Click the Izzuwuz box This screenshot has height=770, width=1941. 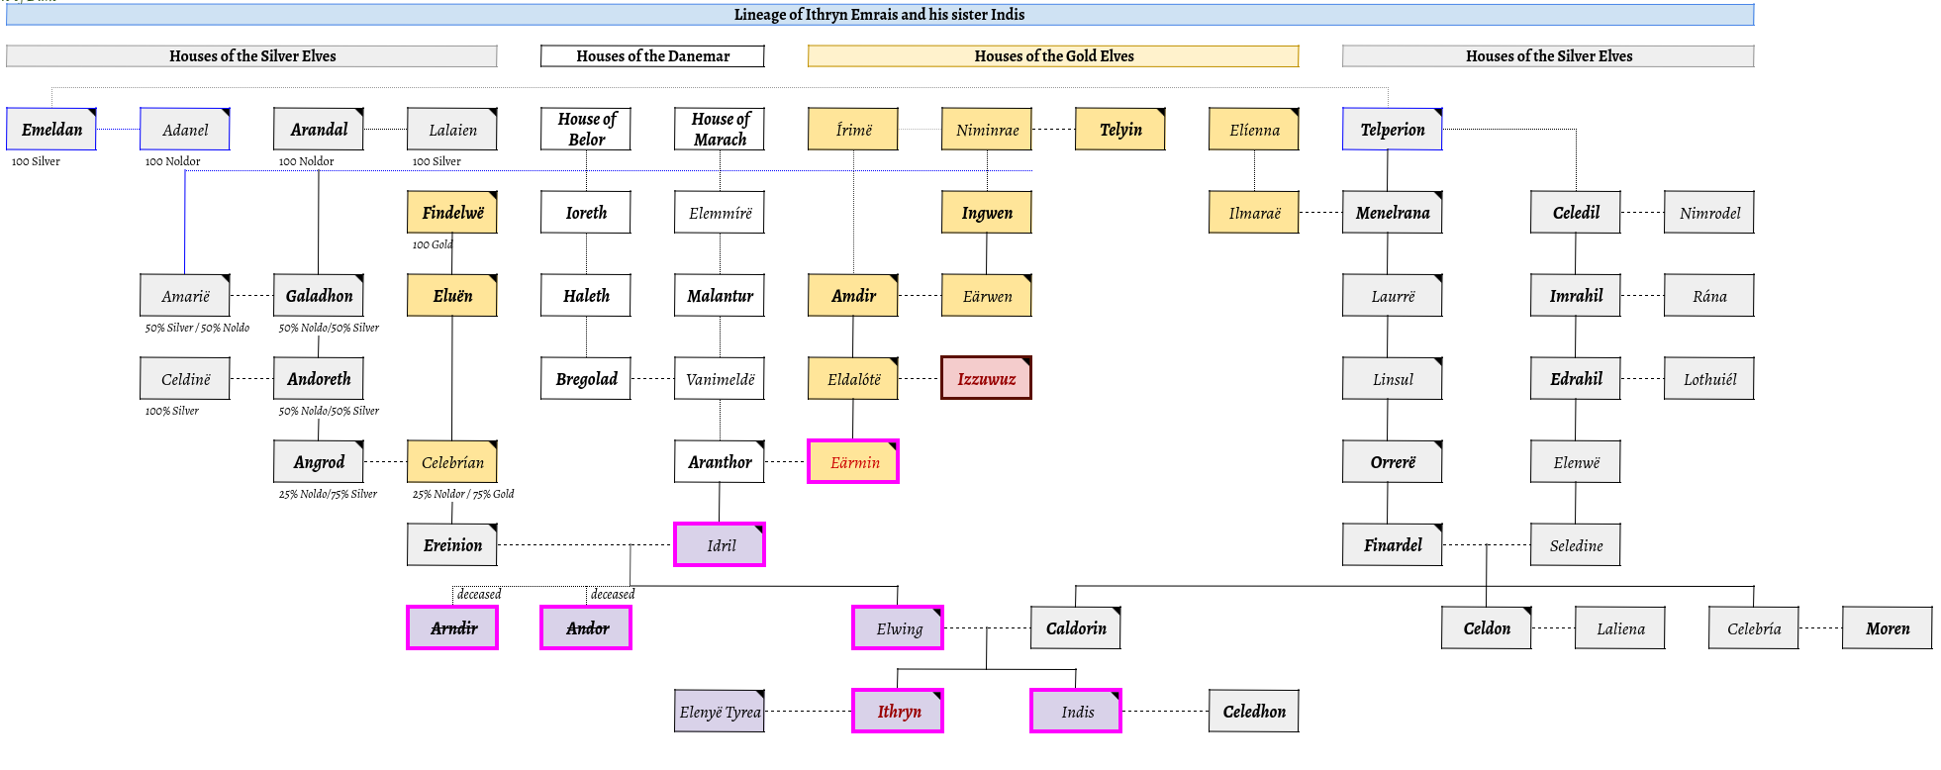[x=986, y=378]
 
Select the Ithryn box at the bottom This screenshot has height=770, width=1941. [x=898, y=711]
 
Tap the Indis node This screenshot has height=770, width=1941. [x=1076, y=711]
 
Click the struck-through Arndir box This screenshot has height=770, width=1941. [x=452, y=627]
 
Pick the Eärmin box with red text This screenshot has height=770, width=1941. [x=853, y=461]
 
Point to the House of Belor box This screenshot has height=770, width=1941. [x=586, y=129]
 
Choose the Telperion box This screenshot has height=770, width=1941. [x=1392, y=129]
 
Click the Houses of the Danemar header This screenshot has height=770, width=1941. [x=652, y=56]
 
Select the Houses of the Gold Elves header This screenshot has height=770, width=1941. [x=1053, y=56]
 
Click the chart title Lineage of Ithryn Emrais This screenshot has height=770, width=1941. [x=879, y=15]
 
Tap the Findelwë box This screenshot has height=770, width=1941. [x=452, y=212]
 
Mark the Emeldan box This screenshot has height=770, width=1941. [x=51, y=129]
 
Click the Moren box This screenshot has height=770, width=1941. [x=1887, y=627]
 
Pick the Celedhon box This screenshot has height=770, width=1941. [x=1253, y=711]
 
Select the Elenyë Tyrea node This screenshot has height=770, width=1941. [x=720, y=711]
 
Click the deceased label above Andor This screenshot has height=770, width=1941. [x=613, y=594]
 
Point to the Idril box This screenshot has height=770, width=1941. [x=720, y=544]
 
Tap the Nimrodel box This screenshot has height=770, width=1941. [x=1709, y=212]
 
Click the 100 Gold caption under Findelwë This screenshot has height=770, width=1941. [x=432, y=244]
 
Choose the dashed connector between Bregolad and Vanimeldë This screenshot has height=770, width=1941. [x=652, y=378]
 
